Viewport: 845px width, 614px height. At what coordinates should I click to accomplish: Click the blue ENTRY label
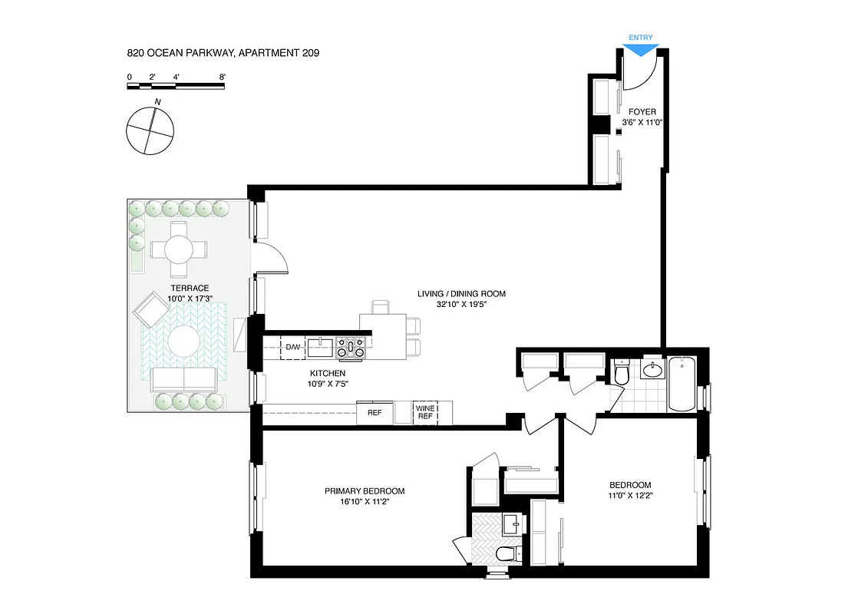pyautogui.click(x=641, y=37)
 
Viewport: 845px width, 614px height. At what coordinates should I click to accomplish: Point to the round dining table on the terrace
pyautogui.click(x=178, y=249)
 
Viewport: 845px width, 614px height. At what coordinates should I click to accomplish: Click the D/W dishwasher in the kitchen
pyautogui.click(x=293, y=348)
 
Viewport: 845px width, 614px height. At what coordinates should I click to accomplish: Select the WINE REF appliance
pyautogui.click(x=424, y=412)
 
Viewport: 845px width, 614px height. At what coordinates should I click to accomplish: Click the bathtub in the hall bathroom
pyautogui.click(x=682, y=383)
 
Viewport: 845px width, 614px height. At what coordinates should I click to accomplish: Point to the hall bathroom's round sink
pyautogui.click(x=653, y=371)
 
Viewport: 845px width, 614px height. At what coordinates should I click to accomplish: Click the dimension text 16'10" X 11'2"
pyautogui.click(x=365, y=503)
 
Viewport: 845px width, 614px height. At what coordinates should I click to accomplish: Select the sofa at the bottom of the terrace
pyautogui.click(x=184, y=378)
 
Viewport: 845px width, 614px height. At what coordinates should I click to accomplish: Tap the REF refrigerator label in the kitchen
pyautogui.click(x=375, y=413)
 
